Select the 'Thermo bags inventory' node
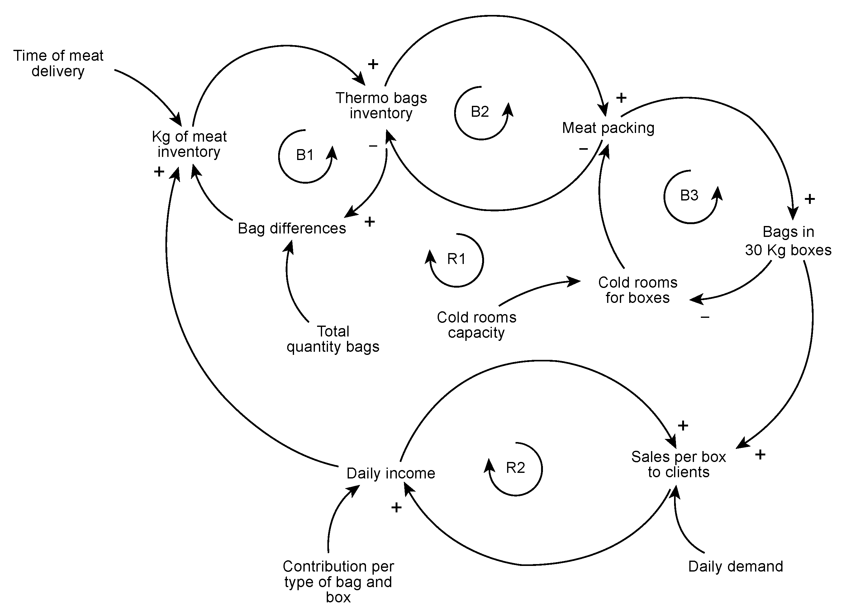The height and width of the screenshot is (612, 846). [x=381, y=106]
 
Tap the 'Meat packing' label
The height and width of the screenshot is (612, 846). [x=608, y=128]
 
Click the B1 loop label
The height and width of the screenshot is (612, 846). [x=305, y=155]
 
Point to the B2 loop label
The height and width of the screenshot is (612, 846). [x=480, y=112]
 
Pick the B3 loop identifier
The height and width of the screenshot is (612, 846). [x=689, y=195]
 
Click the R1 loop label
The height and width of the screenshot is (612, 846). [x=456, y=259]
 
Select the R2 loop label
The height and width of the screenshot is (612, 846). [x=515, y=467]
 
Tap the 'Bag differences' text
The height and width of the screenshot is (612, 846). [x=292, y=228]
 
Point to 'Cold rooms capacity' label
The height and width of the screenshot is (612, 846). [x=476, y=325]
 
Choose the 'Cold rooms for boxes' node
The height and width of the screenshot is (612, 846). [x=638, y=290]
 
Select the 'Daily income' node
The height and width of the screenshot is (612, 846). [x=391, y=473]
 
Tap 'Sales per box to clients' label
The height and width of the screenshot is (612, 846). [x=678, y=464]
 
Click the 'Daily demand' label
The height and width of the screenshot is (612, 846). [x=735, y=567]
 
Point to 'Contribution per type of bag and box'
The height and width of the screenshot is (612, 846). [x=338, y=581]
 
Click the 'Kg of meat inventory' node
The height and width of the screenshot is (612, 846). [x=189, y=144]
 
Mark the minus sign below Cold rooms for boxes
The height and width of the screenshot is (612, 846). [x=705, y=317]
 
